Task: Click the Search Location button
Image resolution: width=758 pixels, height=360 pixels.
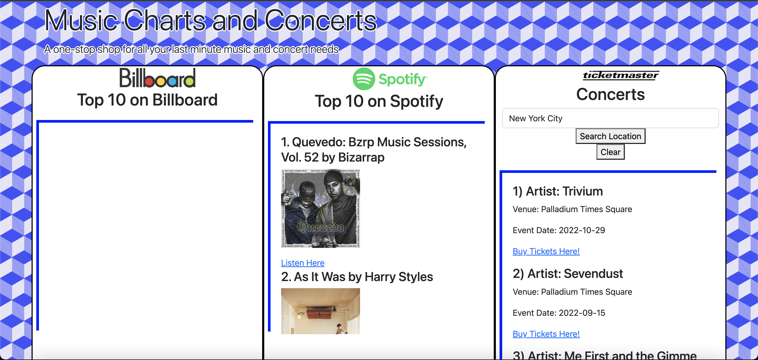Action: pos(610,136)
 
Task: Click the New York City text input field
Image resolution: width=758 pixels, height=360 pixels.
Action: pos(610,118)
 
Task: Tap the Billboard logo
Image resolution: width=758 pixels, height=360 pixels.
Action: pos(157,78)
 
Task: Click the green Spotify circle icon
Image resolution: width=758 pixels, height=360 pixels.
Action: pos(364,79)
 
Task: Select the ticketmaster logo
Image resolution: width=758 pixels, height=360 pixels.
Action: pos(621,76)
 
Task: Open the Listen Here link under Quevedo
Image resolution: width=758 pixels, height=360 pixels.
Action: pos(302,263)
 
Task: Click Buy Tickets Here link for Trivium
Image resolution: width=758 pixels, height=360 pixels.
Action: pos(546,251)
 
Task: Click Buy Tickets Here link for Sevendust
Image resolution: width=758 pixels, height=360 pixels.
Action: pos(546,334)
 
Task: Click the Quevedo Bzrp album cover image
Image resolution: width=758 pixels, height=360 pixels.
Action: pos(321,208)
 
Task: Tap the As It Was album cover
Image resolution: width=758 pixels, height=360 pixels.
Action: pos(321,311)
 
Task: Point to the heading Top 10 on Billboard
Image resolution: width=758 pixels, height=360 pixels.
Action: pos(147,100)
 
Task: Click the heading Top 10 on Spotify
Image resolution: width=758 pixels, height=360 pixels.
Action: pos(379,101)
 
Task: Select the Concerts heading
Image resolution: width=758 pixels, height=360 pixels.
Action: pos(610,94)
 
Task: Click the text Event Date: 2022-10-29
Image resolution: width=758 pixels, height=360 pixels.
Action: pos(558,230)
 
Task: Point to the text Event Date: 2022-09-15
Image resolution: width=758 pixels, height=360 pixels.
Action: pos(558,313)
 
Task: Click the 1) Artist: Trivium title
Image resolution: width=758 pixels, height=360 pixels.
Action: pos(557,191)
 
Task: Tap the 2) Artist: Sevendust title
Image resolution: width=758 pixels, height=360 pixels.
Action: pos(567,273)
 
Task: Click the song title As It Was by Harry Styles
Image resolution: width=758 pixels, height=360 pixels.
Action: pos(357,277)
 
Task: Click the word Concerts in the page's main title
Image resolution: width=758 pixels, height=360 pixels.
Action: pos(321,21)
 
